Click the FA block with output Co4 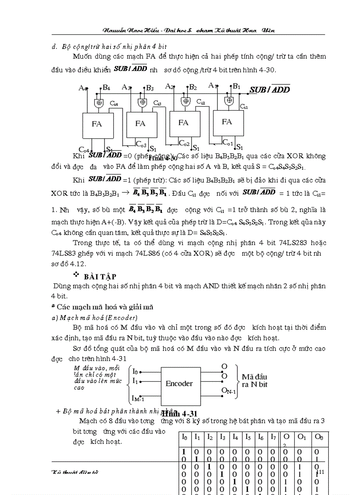(97, 124)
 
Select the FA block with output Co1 (228, 122)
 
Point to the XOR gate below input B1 (229, 100)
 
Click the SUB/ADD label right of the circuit (270, 89)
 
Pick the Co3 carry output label (141, 144)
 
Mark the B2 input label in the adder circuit (192, 87)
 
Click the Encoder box (179, 383)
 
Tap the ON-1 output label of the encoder (229, 390)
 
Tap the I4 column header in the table (235, 437)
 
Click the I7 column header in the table (274, 437)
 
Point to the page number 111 (320, 472)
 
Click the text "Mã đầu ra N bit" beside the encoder (255, 380)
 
